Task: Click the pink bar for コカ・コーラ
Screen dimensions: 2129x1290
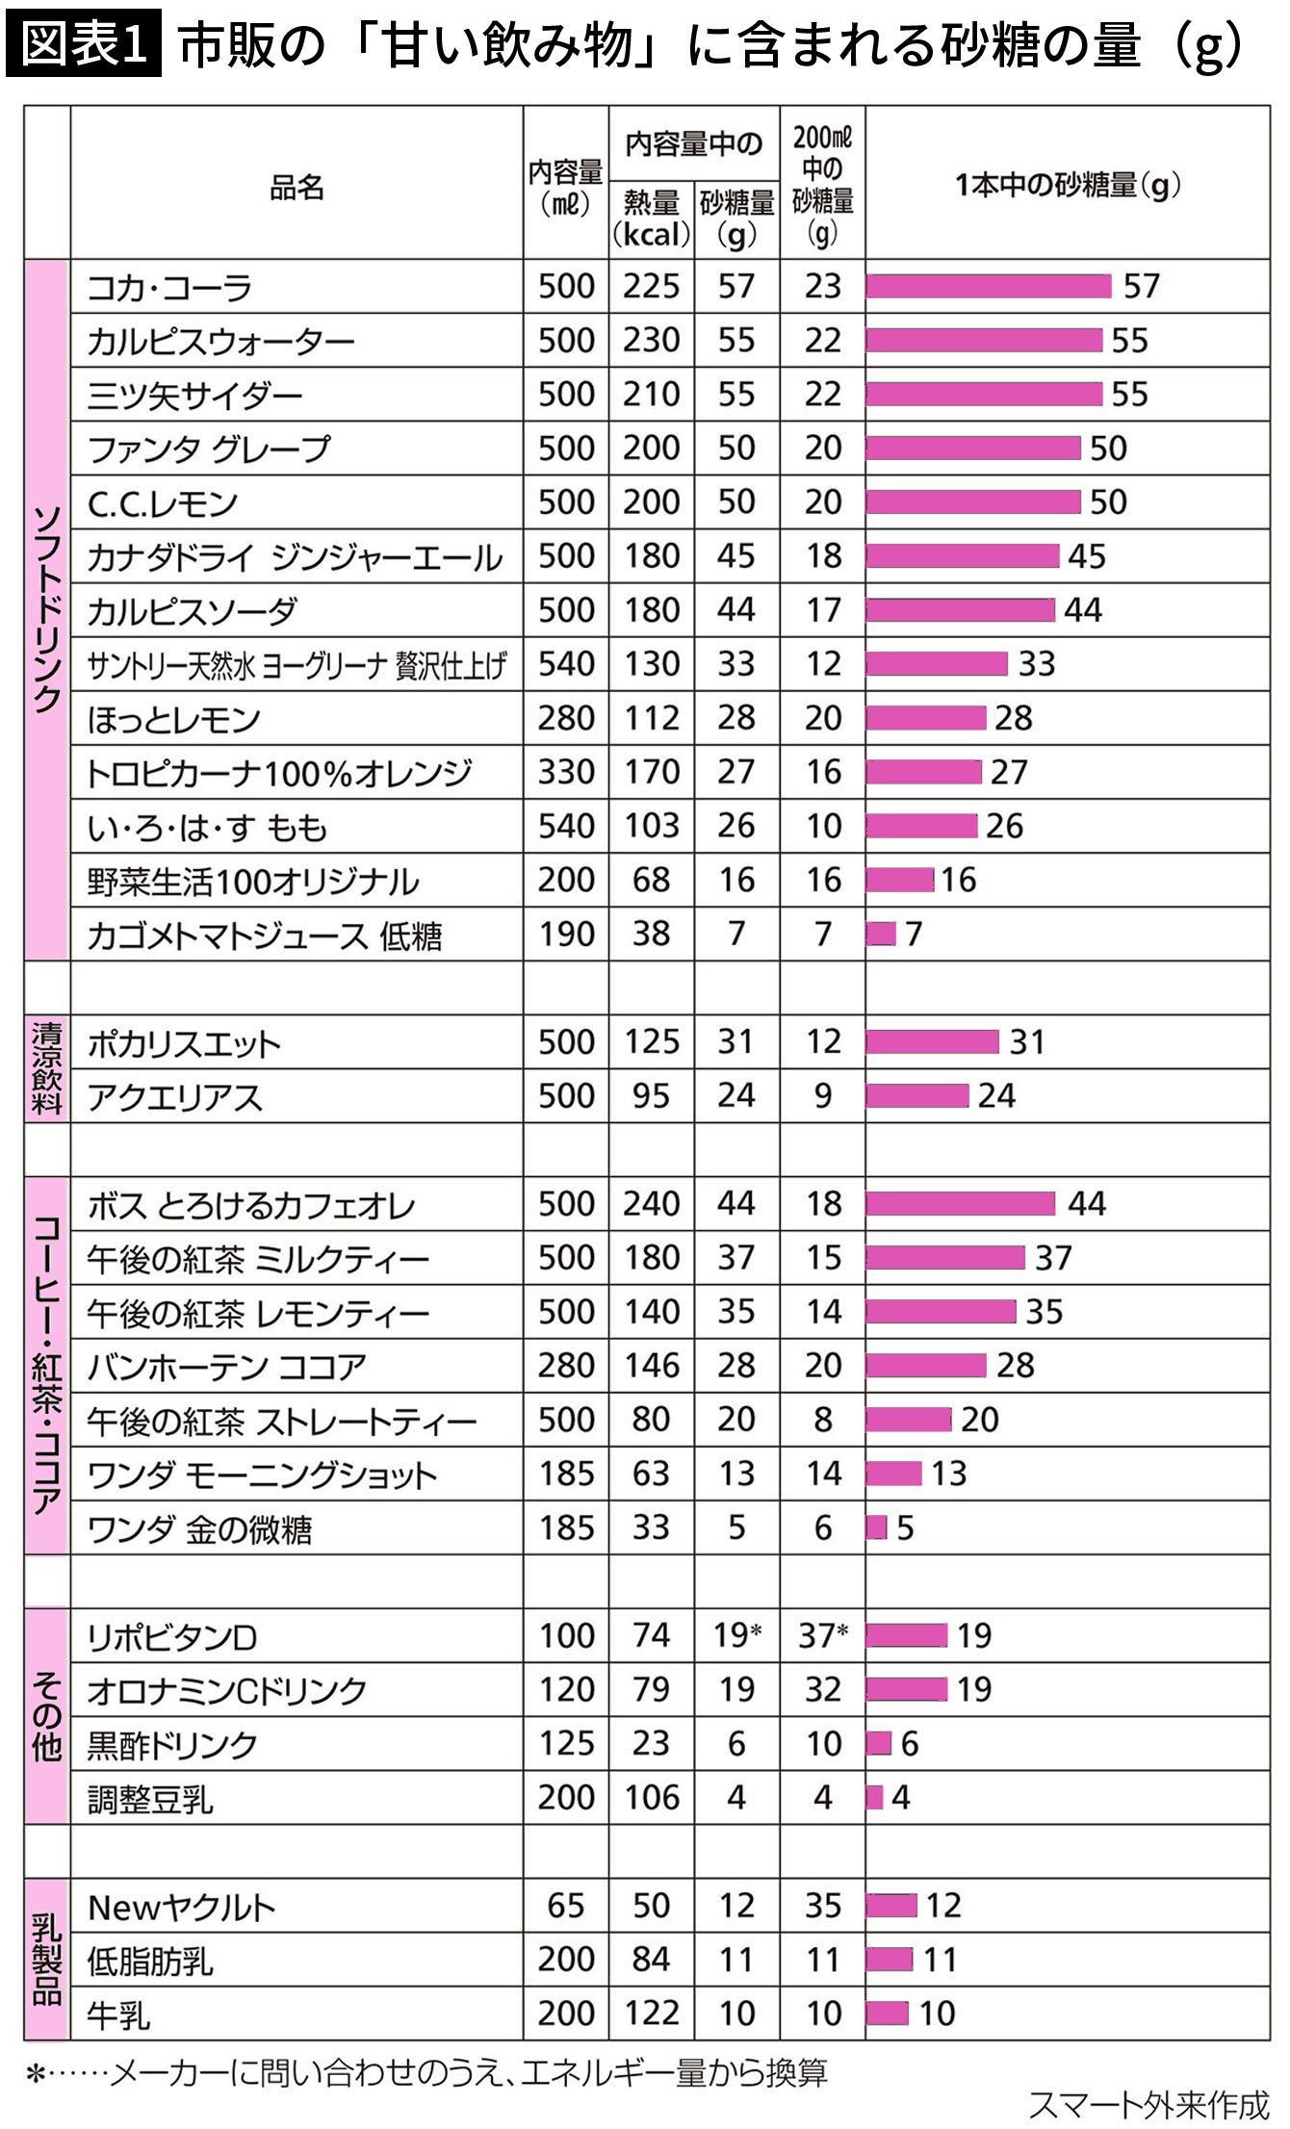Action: point(989,286)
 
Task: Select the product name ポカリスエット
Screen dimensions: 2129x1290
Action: point(184,1043)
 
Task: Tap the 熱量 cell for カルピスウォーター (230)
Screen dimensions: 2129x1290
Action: point(651,340)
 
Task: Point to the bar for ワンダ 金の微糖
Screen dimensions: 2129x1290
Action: point(876,1527)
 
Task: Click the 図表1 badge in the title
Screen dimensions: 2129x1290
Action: point(83,44)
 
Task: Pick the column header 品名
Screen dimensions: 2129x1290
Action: point(297,187)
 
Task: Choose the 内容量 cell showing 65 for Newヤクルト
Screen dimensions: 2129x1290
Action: point(565,1905)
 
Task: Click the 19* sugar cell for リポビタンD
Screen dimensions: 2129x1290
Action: point(736,1635)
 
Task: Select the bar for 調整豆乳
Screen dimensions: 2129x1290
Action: point(874,1797)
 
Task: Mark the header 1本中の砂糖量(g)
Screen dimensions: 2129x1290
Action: point(1068,185)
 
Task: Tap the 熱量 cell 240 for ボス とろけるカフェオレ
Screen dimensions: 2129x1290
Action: point(651,1203)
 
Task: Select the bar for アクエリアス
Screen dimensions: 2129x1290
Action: point(916,1095)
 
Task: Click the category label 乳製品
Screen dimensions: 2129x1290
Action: point(47,1959)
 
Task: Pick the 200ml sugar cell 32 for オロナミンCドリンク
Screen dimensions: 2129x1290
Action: point(822,1689)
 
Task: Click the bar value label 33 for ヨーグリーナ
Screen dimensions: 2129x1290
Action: point(1037,663)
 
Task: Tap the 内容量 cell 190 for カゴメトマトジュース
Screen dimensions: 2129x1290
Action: point(565,933)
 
